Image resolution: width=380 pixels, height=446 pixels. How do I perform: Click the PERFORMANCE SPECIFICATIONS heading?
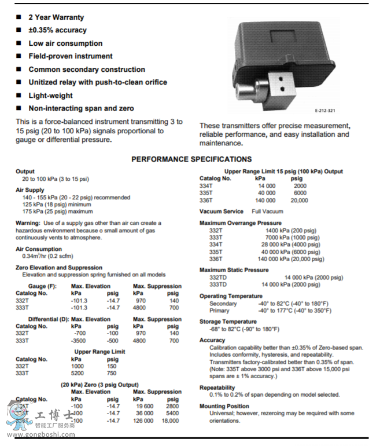tap(191, 159)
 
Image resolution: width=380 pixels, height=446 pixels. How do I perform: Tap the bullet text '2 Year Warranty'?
tap(56, 17)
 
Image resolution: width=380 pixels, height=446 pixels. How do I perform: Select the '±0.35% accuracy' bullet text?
tap(57, 30)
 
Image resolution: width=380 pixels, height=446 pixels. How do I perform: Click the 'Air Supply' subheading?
tap(30, 190)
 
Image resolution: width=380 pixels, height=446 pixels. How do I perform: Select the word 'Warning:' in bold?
tap(28, 223)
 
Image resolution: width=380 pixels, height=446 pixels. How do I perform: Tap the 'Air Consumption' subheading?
tap(39, 249)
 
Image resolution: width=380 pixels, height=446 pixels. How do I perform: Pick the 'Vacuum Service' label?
tap(222, 211)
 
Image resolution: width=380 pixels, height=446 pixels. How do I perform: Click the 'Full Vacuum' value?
tap(268, 211)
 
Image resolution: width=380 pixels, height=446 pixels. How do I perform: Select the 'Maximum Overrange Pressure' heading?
tap(241, 223)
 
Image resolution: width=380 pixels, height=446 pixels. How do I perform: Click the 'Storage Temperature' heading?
tap(228, 321)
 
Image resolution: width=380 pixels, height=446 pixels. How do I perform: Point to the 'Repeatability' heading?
tap(217, 387)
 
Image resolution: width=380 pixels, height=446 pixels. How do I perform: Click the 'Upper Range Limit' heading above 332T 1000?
tap(99, 352)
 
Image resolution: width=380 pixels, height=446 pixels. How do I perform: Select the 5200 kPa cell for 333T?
tap(78, 374)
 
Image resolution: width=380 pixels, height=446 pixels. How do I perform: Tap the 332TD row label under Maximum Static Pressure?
tap(217, 277)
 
